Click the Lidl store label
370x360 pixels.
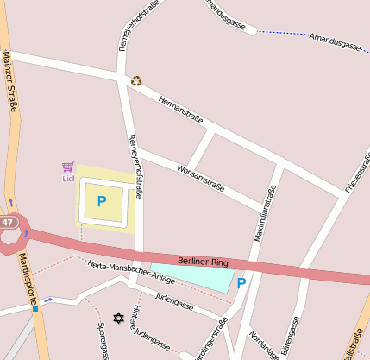click(69, 180)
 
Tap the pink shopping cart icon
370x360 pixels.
click(68, 167)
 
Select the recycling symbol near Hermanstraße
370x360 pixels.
click(136, 81)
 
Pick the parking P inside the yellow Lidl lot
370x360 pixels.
click(102, 202)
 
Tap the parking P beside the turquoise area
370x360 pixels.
click(241, 282)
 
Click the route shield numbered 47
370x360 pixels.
click(8, 223)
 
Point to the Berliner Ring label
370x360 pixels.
click(201, 261)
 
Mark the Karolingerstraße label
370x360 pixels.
click(210, 340)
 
